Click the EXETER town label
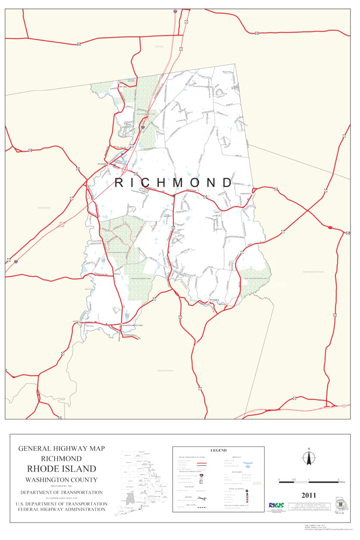[160, 46]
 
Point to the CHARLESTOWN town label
[165, 370]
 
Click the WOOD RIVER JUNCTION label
[132, 325]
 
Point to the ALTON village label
[77, 321]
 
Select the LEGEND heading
[218, 450]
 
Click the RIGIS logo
[276, 505]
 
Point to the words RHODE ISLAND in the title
[62, 469]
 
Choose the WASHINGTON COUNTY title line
[62, 479]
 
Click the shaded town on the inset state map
[129, 499]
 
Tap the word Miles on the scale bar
[342, 482]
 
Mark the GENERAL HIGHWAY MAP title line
[62, 448]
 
